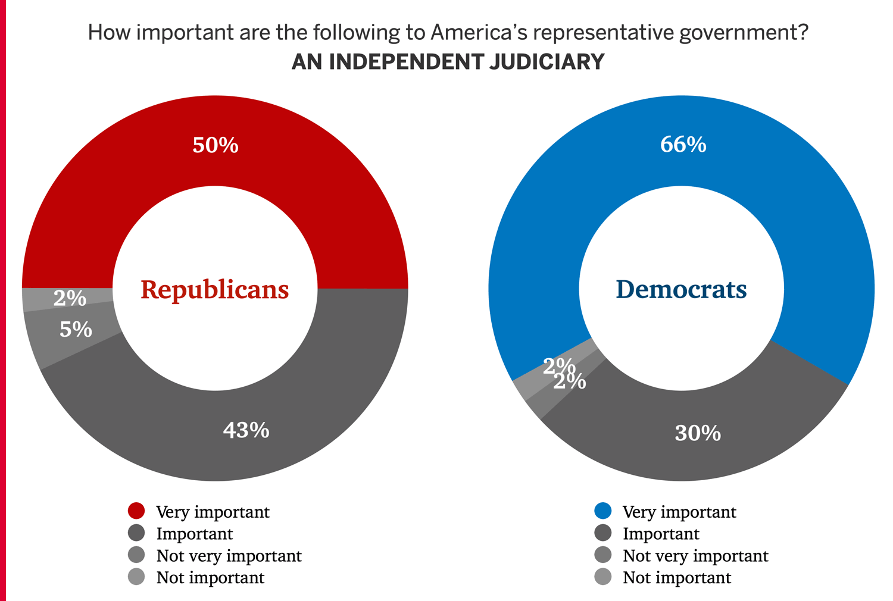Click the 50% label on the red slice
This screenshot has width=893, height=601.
tap(216, 145)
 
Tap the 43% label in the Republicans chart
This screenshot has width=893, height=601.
tap(246, 430)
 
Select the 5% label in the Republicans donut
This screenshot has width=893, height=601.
tap(76, 329)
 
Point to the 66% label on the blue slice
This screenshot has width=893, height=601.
tap(683, 145)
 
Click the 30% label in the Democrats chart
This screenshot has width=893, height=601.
tap(698, 433)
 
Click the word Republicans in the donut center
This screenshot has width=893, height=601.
tap(214, 290)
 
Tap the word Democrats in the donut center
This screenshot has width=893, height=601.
tap(681, 290)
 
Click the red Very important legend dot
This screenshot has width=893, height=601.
tap(136, 511)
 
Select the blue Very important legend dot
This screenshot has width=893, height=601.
tap(603, 511)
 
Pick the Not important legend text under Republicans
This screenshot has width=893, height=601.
tap(210, 578)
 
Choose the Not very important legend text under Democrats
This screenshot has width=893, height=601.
tap(695, 556)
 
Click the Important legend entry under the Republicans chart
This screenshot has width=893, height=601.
tap(194, 534)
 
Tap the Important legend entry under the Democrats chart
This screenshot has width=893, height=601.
tap(661, 534)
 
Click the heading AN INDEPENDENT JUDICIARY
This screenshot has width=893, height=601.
tap(448, 62)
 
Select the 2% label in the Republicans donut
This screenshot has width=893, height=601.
tap(70, 298)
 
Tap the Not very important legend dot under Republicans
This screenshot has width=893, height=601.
tap(136, 555)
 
